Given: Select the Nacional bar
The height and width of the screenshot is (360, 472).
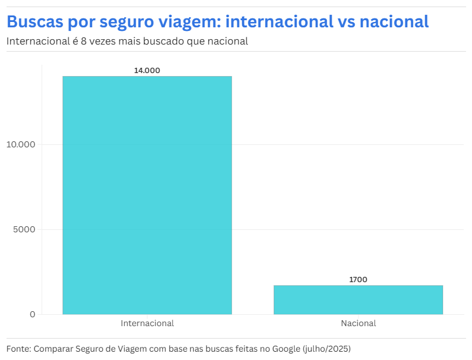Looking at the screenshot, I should [358, 299].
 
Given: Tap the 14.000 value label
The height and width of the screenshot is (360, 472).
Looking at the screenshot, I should [147, 70].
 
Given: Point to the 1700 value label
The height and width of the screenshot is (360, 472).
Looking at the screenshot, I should [358, 279].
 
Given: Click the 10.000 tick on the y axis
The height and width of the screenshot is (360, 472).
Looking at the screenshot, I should [20, 144].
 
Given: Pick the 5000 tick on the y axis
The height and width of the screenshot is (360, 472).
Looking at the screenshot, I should [24, 229].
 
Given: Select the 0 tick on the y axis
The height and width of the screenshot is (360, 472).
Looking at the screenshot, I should [33, 314].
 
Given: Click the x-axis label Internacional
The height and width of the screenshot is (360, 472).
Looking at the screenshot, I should [147, 324].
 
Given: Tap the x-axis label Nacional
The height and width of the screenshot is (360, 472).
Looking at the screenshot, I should [358, 324].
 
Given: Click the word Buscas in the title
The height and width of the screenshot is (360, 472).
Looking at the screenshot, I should [34, 22].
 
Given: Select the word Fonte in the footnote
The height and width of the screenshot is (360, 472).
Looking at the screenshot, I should [18, 348].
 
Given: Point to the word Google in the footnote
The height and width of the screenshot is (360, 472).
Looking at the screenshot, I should [285, 349].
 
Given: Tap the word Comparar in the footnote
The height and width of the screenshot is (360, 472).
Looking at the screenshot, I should [54, 349].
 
